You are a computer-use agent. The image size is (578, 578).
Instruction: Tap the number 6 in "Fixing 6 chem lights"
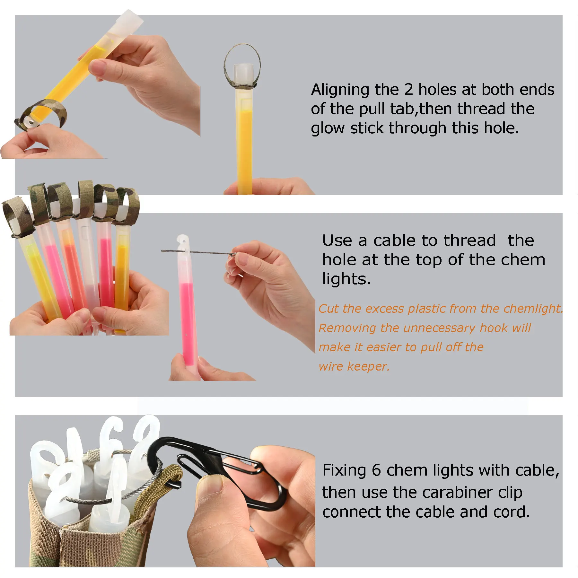(x=376, y=470)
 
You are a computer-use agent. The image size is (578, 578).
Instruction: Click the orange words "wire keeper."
(x=354, y=366)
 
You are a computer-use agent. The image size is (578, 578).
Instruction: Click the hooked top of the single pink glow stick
(x=183, y=244)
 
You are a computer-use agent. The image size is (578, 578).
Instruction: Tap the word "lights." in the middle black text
(x=346, y=279)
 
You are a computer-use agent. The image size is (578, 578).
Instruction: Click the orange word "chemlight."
(x=533, y=309)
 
